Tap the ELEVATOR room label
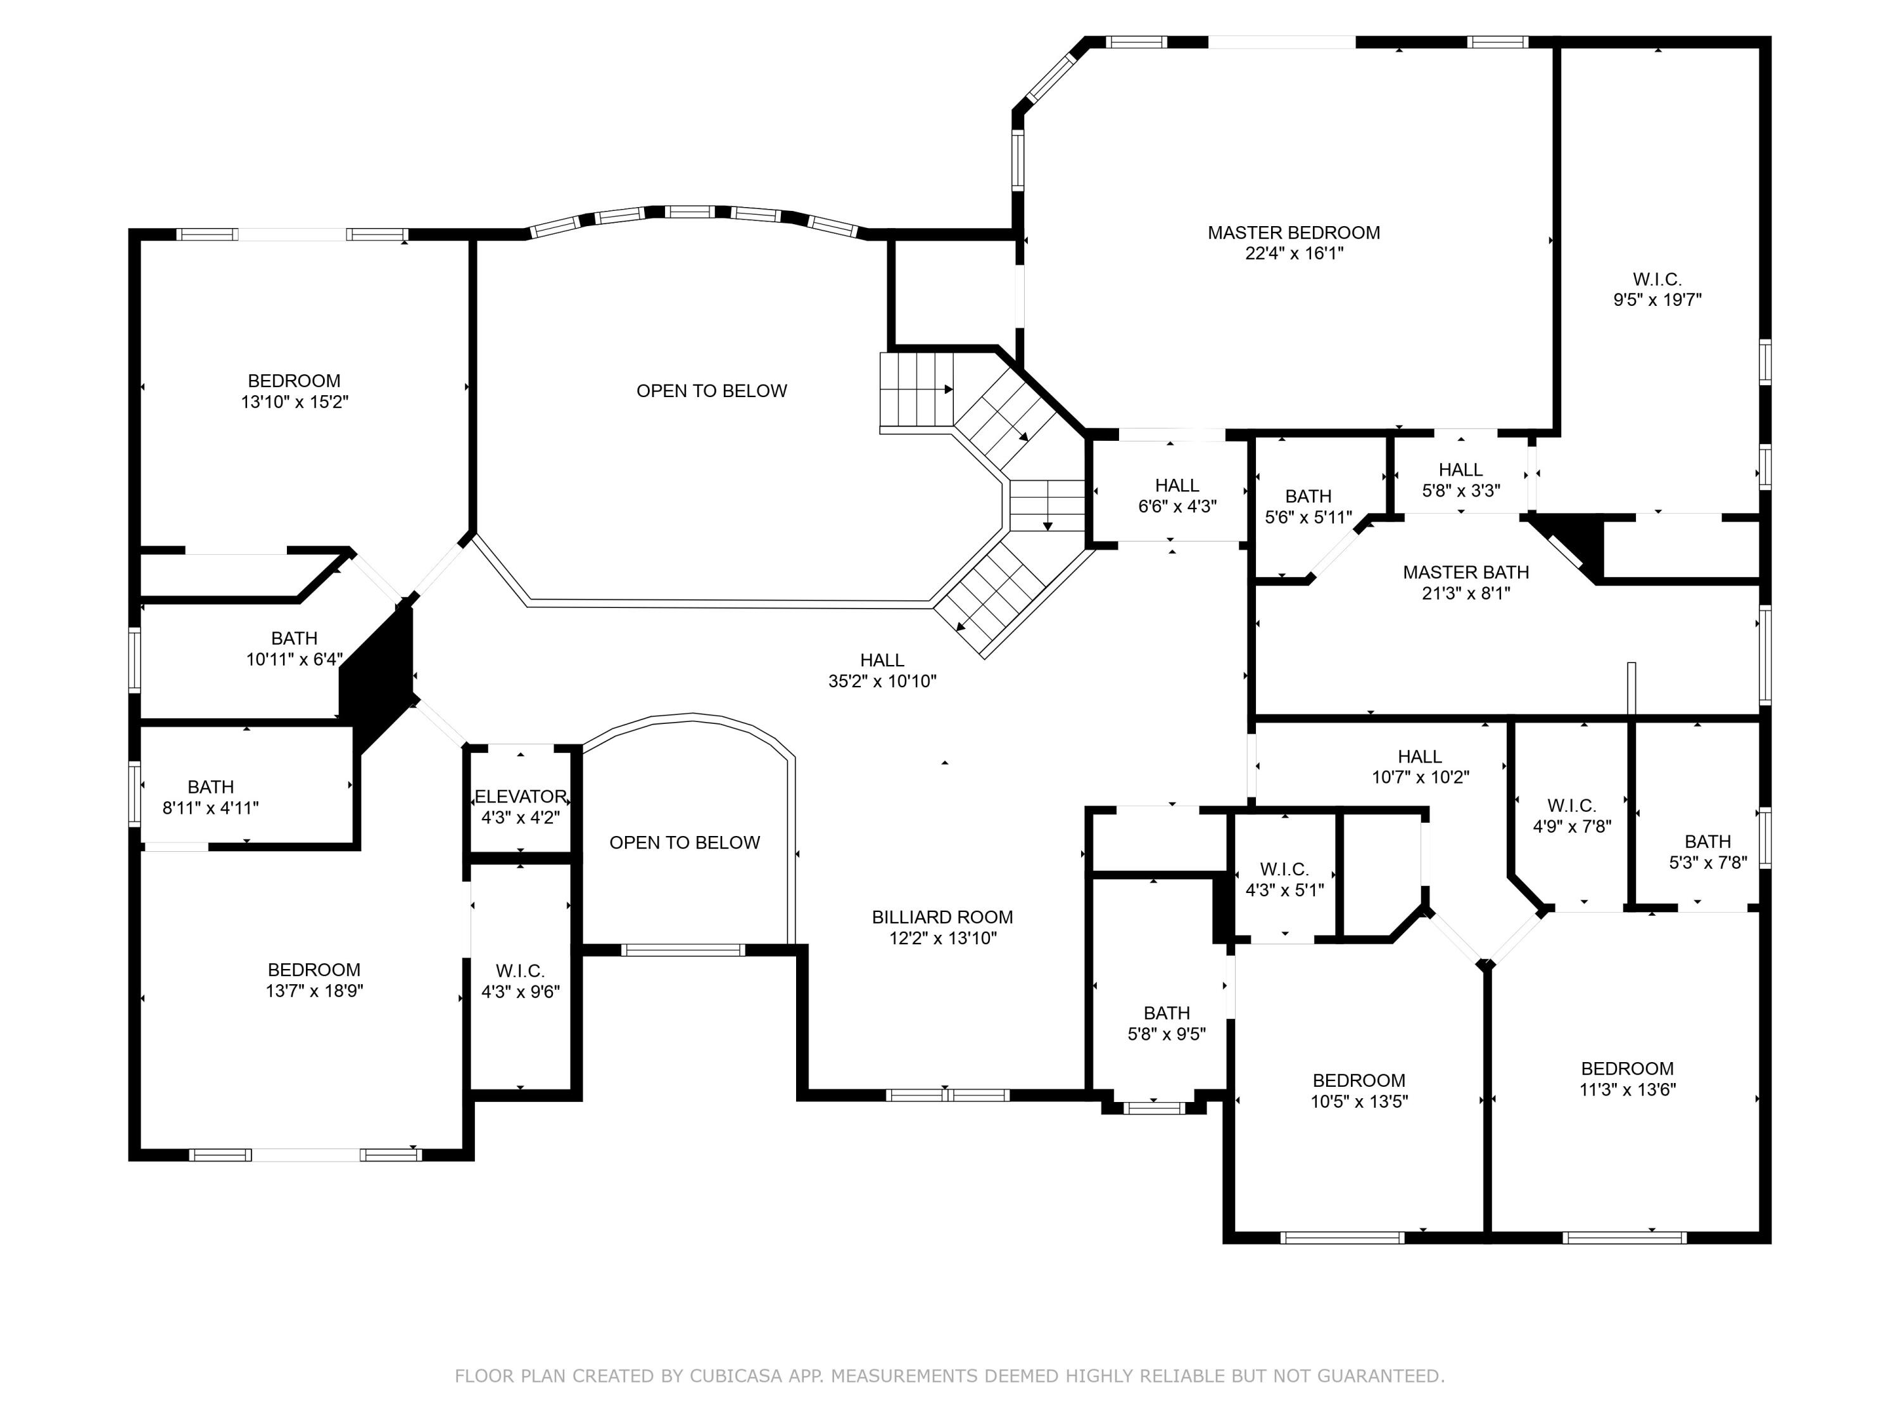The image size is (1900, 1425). [521, 796]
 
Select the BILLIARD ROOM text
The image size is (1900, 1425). [942, 917]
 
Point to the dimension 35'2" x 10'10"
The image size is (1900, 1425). [882, 681]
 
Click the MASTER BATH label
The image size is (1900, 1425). [1466, 572]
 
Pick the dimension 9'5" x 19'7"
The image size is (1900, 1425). [1657, 300]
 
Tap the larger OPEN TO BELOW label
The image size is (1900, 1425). [711, 391]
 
